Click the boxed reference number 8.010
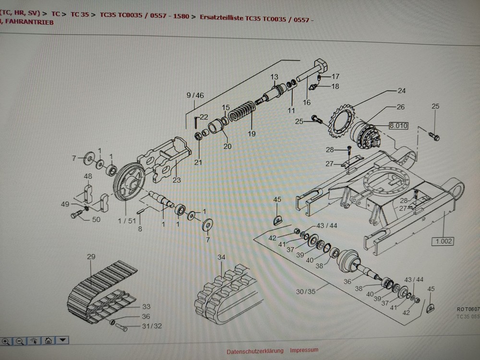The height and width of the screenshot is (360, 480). click(x=398, y=126)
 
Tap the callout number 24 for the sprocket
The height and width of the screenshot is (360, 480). click(x=401, y=90)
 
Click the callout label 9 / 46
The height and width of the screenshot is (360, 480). click(x=195, y=96)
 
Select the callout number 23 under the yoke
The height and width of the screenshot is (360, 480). click(x=177, y=180)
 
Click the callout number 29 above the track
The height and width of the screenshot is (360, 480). click(x=91, y=257)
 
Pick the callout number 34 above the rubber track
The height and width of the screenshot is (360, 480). click(x=221, y=258)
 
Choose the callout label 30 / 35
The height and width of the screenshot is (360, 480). click(x=306, y=291)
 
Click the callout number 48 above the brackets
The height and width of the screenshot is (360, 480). click(x=88, y=176)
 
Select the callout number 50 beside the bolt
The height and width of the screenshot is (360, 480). click(x=96, y=219)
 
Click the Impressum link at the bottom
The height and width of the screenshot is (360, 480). click(x=304, y=350)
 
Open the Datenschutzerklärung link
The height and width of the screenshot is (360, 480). click(x=255, y=350)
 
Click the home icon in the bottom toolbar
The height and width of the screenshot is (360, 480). click(x=48, y=341)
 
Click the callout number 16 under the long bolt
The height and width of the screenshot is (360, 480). click(x=307, y=102)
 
